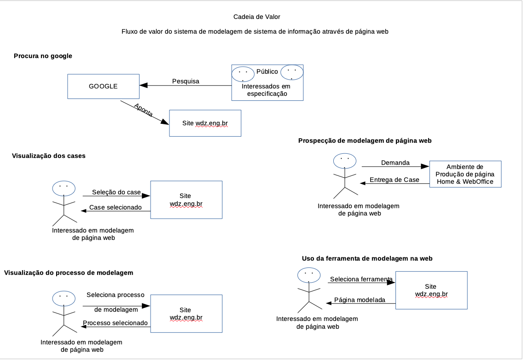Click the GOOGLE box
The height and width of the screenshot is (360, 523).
point(103,86)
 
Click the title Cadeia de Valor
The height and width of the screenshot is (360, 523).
point(257,17)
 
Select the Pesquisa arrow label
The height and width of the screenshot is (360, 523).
point(186,81)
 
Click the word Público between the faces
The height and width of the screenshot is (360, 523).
point(267,72)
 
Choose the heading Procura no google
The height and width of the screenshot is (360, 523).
point(43,56)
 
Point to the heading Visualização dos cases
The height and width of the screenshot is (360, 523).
point(48,156)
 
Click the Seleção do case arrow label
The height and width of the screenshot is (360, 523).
point(116,192)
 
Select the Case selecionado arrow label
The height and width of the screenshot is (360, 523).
point(116,208)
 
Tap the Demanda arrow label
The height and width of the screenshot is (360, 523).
point(395,163)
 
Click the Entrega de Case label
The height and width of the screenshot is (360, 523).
point(395,180)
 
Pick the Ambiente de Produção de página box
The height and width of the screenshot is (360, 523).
point(465,174)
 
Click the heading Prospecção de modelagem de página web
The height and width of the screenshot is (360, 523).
point(365,141)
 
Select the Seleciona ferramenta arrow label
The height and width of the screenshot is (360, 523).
point(361,279)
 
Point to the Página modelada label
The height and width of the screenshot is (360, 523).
point(360,300)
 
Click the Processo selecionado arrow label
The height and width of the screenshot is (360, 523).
point(116,323)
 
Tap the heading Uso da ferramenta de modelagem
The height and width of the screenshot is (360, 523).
point(367,259)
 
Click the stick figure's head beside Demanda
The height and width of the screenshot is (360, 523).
point(344,160)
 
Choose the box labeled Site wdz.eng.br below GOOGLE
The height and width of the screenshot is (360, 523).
point(205,123)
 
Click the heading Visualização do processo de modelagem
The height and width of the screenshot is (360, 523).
point(69,273)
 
